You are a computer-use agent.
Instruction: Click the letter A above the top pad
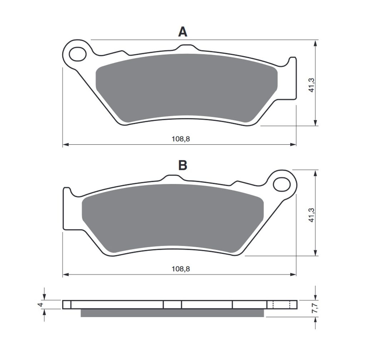[x=183, y=32]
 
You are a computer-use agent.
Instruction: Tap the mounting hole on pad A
[x=78, y=54]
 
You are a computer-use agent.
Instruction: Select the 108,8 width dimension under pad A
[x=180, y=139]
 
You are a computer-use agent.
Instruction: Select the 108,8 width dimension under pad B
[x=180, y=269]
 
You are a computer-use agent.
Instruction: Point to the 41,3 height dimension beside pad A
[x=312, y=85]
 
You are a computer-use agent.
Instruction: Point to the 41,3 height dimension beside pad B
[x=312, y=215]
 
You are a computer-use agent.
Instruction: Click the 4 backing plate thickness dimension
[x=41, y=305]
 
